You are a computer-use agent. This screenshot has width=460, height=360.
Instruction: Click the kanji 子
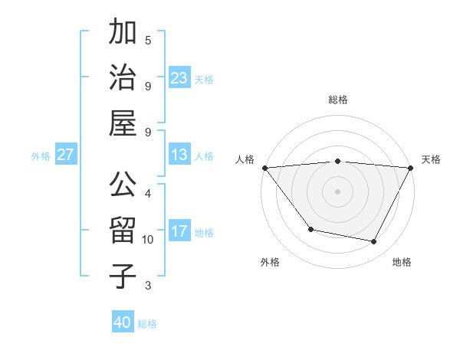tap(123, 276)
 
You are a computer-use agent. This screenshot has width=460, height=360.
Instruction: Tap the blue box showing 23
tap(179, 77)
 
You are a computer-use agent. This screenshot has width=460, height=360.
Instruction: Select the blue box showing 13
tap(179, 155)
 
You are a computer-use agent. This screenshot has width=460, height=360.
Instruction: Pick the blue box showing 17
tap(179, 231)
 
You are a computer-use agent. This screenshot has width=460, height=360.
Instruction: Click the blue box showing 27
tap(66, 155)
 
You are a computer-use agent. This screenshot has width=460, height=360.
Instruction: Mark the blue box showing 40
tap(123, 322)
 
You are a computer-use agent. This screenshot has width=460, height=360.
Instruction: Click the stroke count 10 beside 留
tap(147, 240)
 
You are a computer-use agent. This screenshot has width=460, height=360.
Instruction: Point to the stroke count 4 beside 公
tap(147, 193)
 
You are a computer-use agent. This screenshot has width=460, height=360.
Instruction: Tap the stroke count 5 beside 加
tap(147, 40)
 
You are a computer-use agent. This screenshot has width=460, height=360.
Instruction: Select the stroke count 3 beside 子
tap(147, 286)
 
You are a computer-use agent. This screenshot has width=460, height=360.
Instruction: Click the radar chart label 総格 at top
tap(337, 100)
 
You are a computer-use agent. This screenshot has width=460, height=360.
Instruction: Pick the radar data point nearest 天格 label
tap(411, 168)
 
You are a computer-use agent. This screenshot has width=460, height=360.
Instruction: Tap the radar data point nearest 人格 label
tap(264, 168)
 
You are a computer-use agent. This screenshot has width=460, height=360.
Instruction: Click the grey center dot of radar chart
tap(337, 191)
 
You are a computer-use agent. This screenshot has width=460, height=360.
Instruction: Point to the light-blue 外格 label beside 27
tap(41, 155)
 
